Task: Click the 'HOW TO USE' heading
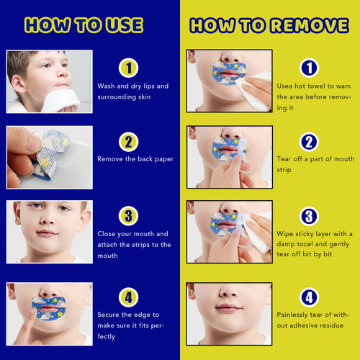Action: coord(84,25)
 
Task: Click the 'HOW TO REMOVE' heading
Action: coord(269,25)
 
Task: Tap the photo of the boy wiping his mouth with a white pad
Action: coord(49,82)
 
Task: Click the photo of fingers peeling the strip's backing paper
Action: coord(49,157)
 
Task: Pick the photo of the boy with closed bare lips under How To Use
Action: coord(49,231)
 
